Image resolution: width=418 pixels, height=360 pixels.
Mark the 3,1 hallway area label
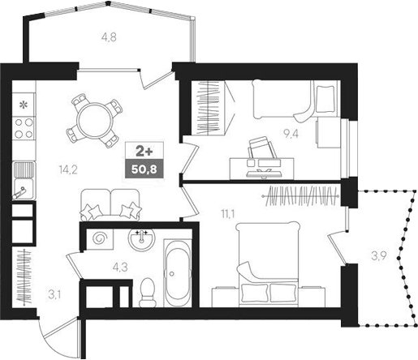[x=54, y=294]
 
